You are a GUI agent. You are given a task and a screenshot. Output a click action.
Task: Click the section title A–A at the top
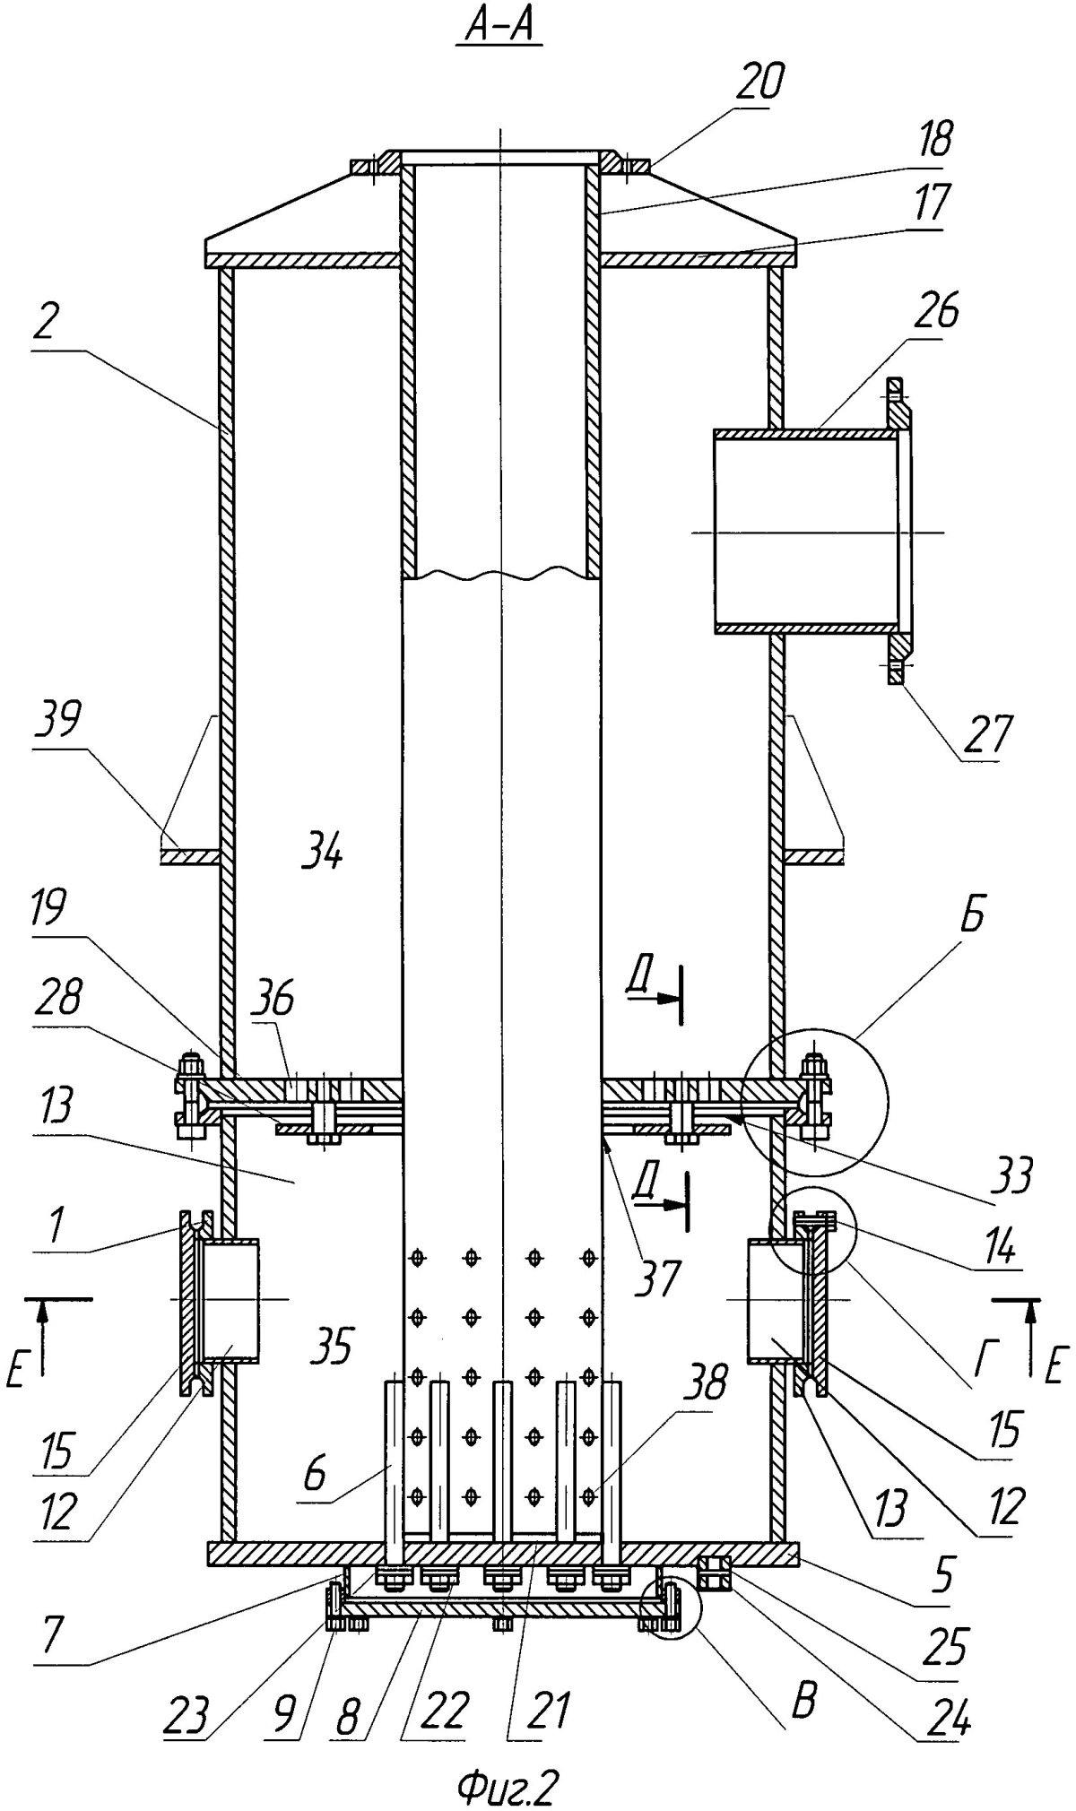click(499, 30)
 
